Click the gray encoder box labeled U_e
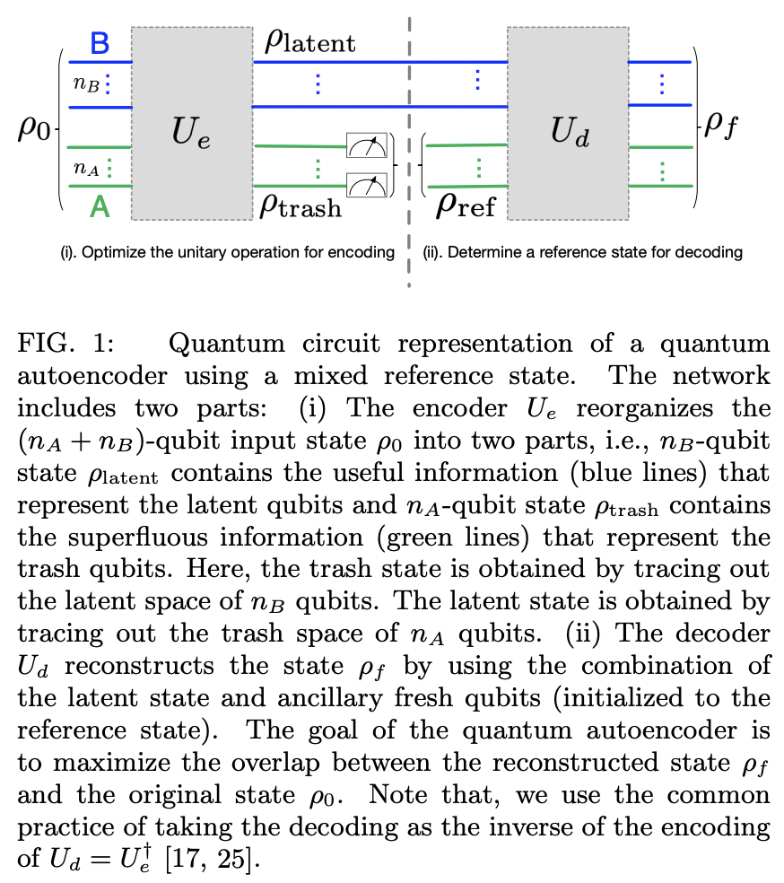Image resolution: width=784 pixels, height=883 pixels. [x=191, y=123]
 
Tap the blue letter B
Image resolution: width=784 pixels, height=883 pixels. [x=100, y=42]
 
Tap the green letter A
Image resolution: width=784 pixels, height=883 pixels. [x=100, y=208]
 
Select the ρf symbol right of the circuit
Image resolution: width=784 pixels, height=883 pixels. [x=722, y=126]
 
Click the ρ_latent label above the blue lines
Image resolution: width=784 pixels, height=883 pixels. [x=309, y=42]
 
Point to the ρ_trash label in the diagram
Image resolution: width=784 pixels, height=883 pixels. [x=301, y=206]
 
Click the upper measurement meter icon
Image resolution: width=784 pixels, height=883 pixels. [x=367, y=145]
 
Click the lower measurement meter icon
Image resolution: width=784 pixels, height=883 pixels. [x=367, y=184]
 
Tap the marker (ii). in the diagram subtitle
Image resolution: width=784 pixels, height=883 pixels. [x=433, y=252]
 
